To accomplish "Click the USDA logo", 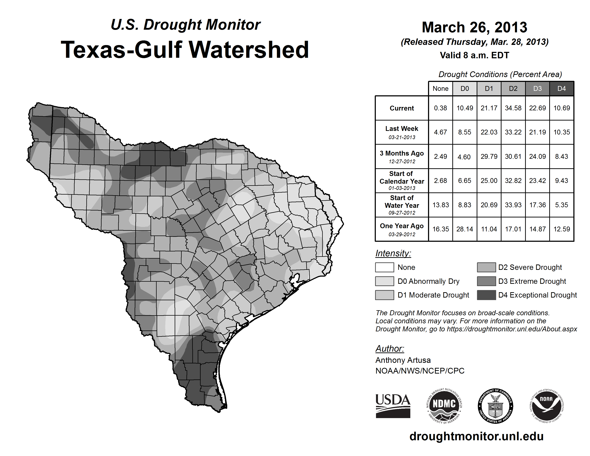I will click(393, 406).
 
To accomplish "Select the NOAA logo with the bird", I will click(546, 406).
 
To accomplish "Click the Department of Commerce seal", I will click(495, 406).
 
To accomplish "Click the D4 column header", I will click(561, 89).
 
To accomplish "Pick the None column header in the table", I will click(440, 89).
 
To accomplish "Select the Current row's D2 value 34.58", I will click(513, 108).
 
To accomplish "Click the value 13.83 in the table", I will click(440, 205).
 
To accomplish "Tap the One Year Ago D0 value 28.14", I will click(465, 229).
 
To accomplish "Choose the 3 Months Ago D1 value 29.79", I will click(489, 156).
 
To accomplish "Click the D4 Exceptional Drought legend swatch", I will click(486, 295).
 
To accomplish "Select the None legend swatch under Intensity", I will click(384, 267).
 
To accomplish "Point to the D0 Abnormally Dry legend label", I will click(428, 281).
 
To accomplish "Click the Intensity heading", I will click(393, 253).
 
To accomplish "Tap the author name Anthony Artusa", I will click(403, 360).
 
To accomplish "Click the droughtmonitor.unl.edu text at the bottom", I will click(476, 436).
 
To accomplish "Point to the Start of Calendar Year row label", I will click(402, 181).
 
